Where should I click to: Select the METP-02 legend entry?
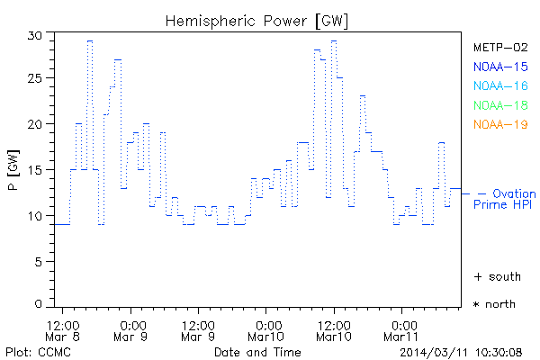pos(499,47)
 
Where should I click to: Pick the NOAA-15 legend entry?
pos(499,66)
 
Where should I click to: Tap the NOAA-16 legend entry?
pos(499,85)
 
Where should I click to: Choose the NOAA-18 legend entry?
pos(499,105)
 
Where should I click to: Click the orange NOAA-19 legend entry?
pos(499,124)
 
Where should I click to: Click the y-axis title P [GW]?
pos(13,171)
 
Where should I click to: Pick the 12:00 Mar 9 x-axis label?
pos(199,329)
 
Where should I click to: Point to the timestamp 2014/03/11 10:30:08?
pos(462,351)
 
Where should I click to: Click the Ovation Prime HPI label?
pos(504,199)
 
